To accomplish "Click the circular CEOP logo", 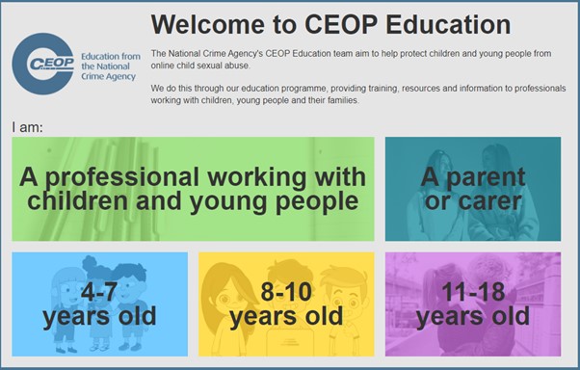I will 44,64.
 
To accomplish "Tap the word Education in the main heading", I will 437,24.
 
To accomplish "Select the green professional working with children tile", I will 193,189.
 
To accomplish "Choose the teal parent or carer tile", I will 472,189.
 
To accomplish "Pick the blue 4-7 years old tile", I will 99,304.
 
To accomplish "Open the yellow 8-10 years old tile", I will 286,304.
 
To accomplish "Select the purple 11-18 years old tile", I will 472,304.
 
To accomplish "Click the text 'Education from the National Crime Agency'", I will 110,65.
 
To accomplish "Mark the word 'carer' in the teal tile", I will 488,201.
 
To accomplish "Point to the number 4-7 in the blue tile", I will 99,291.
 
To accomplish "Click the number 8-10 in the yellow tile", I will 286,291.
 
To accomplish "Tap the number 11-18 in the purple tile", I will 472,291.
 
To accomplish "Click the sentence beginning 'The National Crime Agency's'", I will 356,58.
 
